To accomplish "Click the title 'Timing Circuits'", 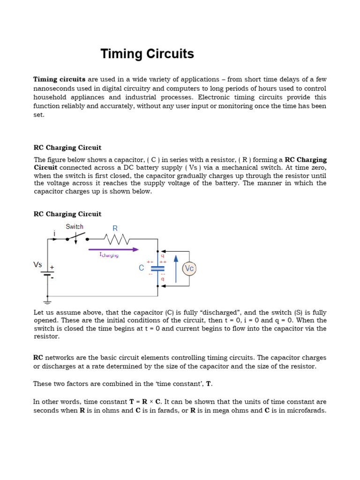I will pyautogui.click(x=147, y=54).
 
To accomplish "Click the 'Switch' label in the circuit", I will pyautogui.click(x=75, y=226).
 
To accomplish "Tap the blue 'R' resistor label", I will pyautogui.click(x=115, y=228).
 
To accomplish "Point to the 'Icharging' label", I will pyautogui.click(x=109, y=255).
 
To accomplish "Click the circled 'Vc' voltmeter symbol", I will pyautogui.click(x=189, y=269).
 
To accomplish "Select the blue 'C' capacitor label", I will pyautogui.click(x=141, y=268).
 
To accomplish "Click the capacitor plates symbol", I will pyautogui.click(x=158, y=268).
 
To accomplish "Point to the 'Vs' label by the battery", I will pyautogui.click(x=38, y=264).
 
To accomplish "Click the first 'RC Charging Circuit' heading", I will pyautogui.click(x=67, y=148).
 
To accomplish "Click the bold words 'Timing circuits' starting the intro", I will pyautogui.click(x=59, y=79).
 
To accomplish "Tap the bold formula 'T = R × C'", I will pyautogui.click(x=145, y=402).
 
